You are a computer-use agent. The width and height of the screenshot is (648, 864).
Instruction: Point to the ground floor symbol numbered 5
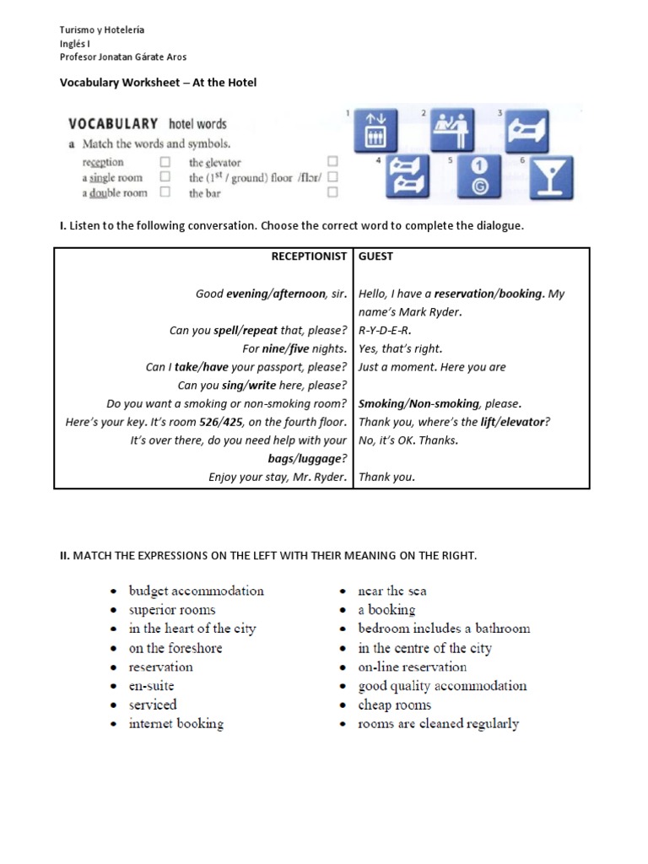[x=479, y=178]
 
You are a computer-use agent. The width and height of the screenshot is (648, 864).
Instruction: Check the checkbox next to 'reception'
[x=165, y=162]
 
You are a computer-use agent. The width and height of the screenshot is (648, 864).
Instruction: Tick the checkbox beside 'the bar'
[x=332, y=193]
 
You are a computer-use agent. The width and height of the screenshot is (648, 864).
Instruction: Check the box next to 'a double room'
[x=165, y=192]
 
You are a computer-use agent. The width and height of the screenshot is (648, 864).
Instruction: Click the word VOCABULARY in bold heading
[x=115, y=124]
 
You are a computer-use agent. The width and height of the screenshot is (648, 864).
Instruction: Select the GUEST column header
[x=376, y=256]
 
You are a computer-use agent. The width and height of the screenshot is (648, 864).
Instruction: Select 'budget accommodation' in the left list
[x=196, y=591]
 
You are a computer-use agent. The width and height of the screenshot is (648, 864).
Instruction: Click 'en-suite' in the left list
[x=151, y=686]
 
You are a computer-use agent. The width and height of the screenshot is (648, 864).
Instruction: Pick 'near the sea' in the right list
[x=392, y=591]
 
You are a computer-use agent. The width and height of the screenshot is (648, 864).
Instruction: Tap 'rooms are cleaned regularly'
[x=438, y=724]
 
